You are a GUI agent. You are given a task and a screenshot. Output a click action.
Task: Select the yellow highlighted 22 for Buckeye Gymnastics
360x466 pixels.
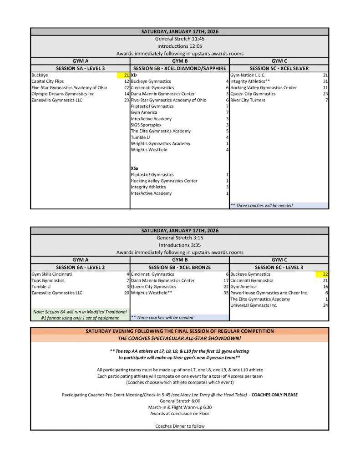click(325, 274)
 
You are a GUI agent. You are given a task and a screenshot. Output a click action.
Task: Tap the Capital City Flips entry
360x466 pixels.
click(48, 81)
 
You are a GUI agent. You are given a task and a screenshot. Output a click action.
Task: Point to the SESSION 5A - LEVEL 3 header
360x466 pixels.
click(80, 68)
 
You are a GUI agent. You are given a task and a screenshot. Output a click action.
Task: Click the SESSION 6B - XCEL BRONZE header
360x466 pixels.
click(179, 268)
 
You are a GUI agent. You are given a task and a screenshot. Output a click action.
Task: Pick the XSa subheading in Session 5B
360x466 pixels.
click(135, 168)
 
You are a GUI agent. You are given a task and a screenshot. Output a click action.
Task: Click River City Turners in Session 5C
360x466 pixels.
click(248, 100)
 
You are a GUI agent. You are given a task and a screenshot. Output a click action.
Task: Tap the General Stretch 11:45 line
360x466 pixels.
click(179, 39)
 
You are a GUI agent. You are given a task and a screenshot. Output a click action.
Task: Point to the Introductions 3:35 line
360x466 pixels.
click(179, 245)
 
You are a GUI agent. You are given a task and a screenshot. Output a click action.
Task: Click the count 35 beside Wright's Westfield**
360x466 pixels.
click(225, 293)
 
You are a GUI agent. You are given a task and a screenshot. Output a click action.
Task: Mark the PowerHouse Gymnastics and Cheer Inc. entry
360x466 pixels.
click(269, 293)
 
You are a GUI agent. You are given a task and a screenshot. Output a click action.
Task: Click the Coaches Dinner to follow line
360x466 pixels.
click(179, 426)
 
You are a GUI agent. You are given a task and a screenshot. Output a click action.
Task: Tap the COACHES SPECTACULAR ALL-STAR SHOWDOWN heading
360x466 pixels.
click(179, 338)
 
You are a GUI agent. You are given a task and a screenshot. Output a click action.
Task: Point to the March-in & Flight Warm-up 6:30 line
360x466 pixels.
click(179, 407)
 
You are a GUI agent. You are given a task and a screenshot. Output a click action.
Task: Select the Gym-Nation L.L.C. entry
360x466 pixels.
click(248, 75)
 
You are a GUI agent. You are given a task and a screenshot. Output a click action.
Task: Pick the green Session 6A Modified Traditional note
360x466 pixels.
click(80, 314)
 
